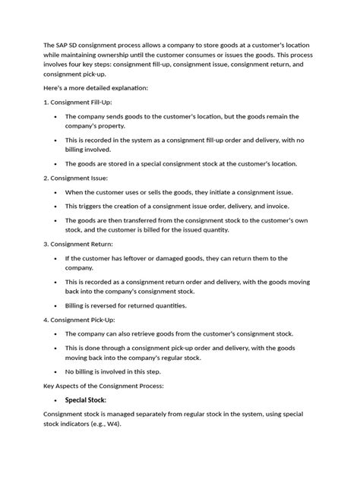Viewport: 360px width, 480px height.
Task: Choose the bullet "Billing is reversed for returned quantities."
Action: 136,306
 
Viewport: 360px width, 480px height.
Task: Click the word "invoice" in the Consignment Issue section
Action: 276,205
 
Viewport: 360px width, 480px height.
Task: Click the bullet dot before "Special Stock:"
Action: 57,400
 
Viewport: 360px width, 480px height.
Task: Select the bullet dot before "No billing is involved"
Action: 57,372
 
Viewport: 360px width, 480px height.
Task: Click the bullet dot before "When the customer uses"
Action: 57,191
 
